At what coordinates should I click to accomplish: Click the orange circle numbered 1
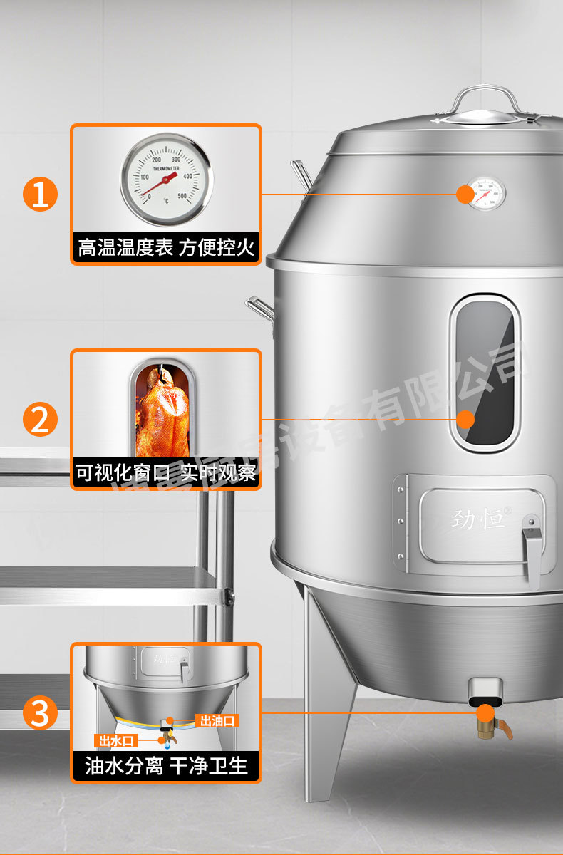click(x=40, y=195)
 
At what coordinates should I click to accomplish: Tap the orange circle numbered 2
click(x=40, y=420)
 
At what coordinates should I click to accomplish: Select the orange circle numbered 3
click(x=40, y=713)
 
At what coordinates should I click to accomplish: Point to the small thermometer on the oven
click(x=487, y=193)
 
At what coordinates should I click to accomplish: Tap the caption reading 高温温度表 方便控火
click(x=165, y=248)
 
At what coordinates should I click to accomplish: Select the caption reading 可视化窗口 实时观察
click(x=165, y=473)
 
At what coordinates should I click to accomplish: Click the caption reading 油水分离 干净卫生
click(x=165, y=766)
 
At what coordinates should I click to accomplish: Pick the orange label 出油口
click(x=217, y=721)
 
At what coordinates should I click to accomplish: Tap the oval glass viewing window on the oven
click(x=485, y=373)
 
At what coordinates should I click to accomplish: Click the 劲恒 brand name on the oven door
click(x=478, y=519)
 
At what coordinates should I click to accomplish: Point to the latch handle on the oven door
click(x=531, y=549)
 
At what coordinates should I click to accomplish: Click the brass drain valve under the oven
click(x=489, y=723)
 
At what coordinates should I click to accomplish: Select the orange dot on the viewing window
click(x=465, y=420)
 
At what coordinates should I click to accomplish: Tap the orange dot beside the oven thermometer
click(x=464, y=194)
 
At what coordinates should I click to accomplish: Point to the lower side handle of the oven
click(x=261, y=309)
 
